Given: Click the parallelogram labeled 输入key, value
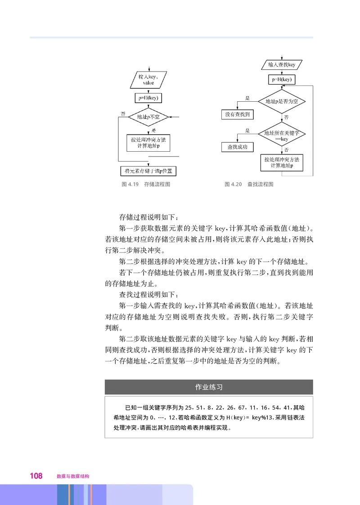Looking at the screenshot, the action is [x=148, y=80].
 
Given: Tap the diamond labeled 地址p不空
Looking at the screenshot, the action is [x=148, y=117].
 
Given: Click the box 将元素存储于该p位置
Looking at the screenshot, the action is [x=148, y=171].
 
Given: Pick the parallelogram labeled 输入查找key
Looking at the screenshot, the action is [x=282, y=65].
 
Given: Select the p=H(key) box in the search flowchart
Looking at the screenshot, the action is [x=282, y=80].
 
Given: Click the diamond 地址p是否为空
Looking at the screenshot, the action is [x=282, y=101].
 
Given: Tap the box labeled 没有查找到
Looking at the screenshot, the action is [x=237, y=115].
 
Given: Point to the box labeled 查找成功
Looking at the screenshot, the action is [x=237, y=147].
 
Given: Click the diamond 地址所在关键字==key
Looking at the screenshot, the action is [x=282, y=136].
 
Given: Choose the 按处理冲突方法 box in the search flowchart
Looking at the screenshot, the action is [x=282, y=162].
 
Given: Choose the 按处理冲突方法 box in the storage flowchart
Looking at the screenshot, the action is [x=148, y=143].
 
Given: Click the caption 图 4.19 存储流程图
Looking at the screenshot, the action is [x=146, y=184].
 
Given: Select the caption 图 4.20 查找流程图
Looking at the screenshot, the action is [x=249, y=184].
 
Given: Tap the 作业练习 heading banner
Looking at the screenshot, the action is [x=209, y=387].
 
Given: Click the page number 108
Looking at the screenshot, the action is [x=36, y=476].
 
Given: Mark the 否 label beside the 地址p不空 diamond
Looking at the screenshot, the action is [x=122, y=113].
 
